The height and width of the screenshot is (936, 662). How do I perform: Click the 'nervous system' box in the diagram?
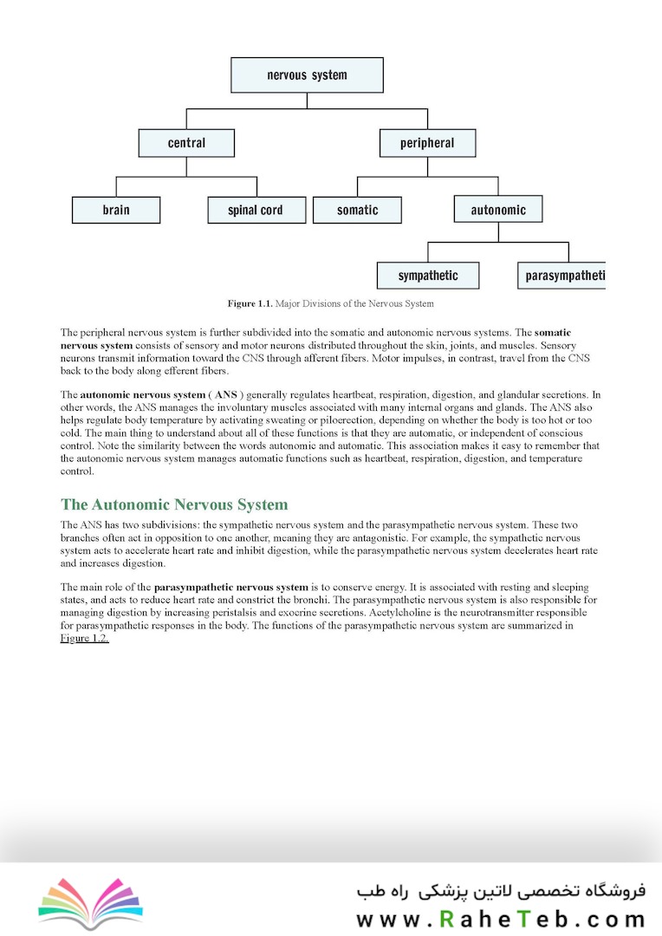click(307, 75)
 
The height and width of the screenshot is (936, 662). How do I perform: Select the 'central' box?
click(186, 143)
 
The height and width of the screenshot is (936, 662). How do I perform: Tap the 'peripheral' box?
click(427, 143)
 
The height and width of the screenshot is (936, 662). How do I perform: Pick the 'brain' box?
click(116, 210)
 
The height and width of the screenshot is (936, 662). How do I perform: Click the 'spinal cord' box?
click(256, 210)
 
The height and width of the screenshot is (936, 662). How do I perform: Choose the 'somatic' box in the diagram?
click(357, 210)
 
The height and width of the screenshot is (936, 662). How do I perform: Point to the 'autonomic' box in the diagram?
click(498, 210)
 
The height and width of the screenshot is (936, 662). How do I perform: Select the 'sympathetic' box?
click(427, 276)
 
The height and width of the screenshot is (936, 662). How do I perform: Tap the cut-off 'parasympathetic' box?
click(562, 276)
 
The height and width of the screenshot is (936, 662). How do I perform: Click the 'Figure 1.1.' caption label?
click(250, 304)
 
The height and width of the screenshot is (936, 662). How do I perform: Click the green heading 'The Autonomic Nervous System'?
click(174, 504)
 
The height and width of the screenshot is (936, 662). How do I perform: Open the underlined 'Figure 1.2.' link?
click(85, 639)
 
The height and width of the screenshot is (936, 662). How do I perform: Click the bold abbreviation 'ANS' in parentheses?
click(225, 395)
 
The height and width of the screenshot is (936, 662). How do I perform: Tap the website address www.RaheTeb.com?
click(501, 918)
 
